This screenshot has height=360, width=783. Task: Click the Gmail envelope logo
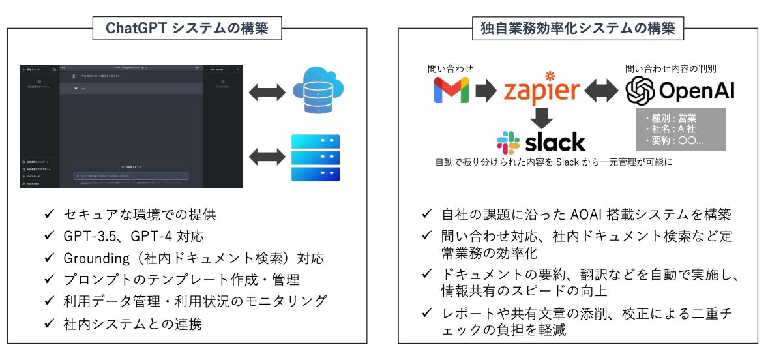pyautogui.click(x=451, y=91)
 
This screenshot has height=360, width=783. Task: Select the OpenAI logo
pyautogui.click(x=680, y=91)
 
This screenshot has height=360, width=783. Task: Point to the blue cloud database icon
pyautogui.click(x=318, y=93)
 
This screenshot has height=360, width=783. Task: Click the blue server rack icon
pyautogui.click(x=316, y=157)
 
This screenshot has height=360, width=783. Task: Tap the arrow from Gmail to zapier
pyautogui.click(x=486, y=91)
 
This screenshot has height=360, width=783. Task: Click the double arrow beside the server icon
pyautogui.click(x=267, y=157)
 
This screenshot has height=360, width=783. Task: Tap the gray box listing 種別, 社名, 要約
pyautogui.click(x=680, y=129)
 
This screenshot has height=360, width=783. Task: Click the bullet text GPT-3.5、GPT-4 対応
pyautogui.click(x=140, y=235)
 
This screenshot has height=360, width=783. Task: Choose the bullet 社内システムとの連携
pyautogui.click(x=133, y=323)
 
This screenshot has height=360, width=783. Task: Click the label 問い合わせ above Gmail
pyautogui.click(x=451, y=68)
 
